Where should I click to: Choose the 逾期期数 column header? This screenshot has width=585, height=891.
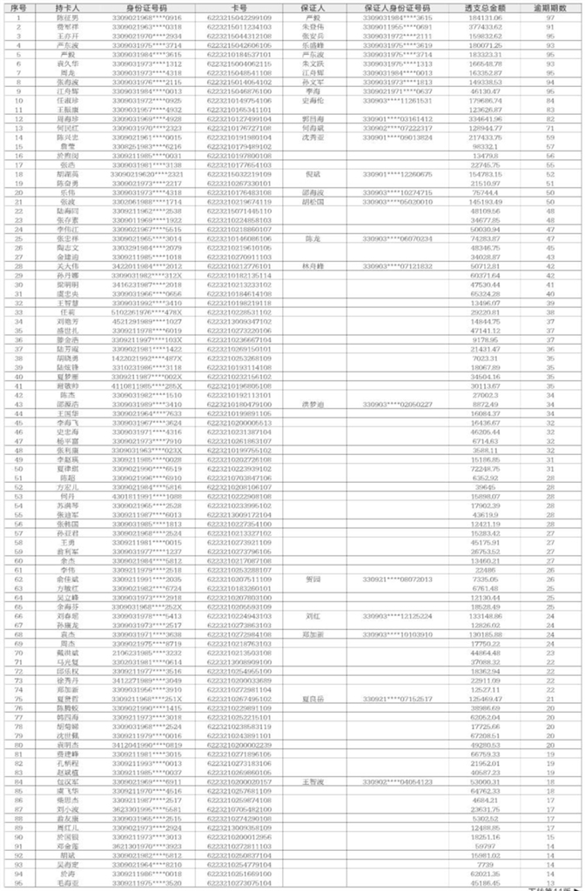(x=550, y=7)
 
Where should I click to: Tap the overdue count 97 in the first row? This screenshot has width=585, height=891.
(x=550, y=17)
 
